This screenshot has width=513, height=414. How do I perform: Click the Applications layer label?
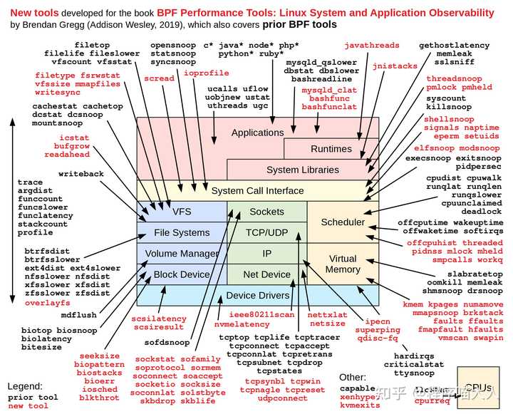coord(257,133)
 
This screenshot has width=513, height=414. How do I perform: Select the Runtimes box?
coord(331,149)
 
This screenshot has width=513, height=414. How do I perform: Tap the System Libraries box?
coord(303,170)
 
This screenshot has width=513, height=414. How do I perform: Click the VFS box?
coord(182,212)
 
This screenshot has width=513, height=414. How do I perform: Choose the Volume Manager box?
coord(182,254)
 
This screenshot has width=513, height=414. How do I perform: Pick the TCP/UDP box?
coord(266,232)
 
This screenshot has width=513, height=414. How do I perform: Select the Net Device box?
coord(266,274)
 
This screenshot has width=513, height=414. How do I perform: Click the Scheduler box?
coord(343,222)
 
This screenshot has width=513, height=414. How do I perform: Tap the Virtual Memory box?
coord(343,264)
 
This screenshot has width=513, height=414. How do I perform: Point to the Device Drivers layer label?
coord(257,296)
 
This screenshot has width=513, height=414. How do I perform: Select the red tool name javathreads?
coord(376,46)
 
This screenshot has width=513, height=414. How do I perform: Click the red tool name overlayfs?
coord(48,303)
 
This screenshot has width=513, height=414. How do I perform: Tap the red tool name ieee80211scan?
coord(261,314)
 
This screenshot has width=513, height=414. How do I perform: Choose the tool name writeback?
coord(81,174)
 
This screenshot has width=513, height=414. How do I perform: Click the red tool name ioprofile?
coord(207,73)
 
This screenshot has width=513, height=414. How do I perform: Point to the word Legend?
coord(25,386)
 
